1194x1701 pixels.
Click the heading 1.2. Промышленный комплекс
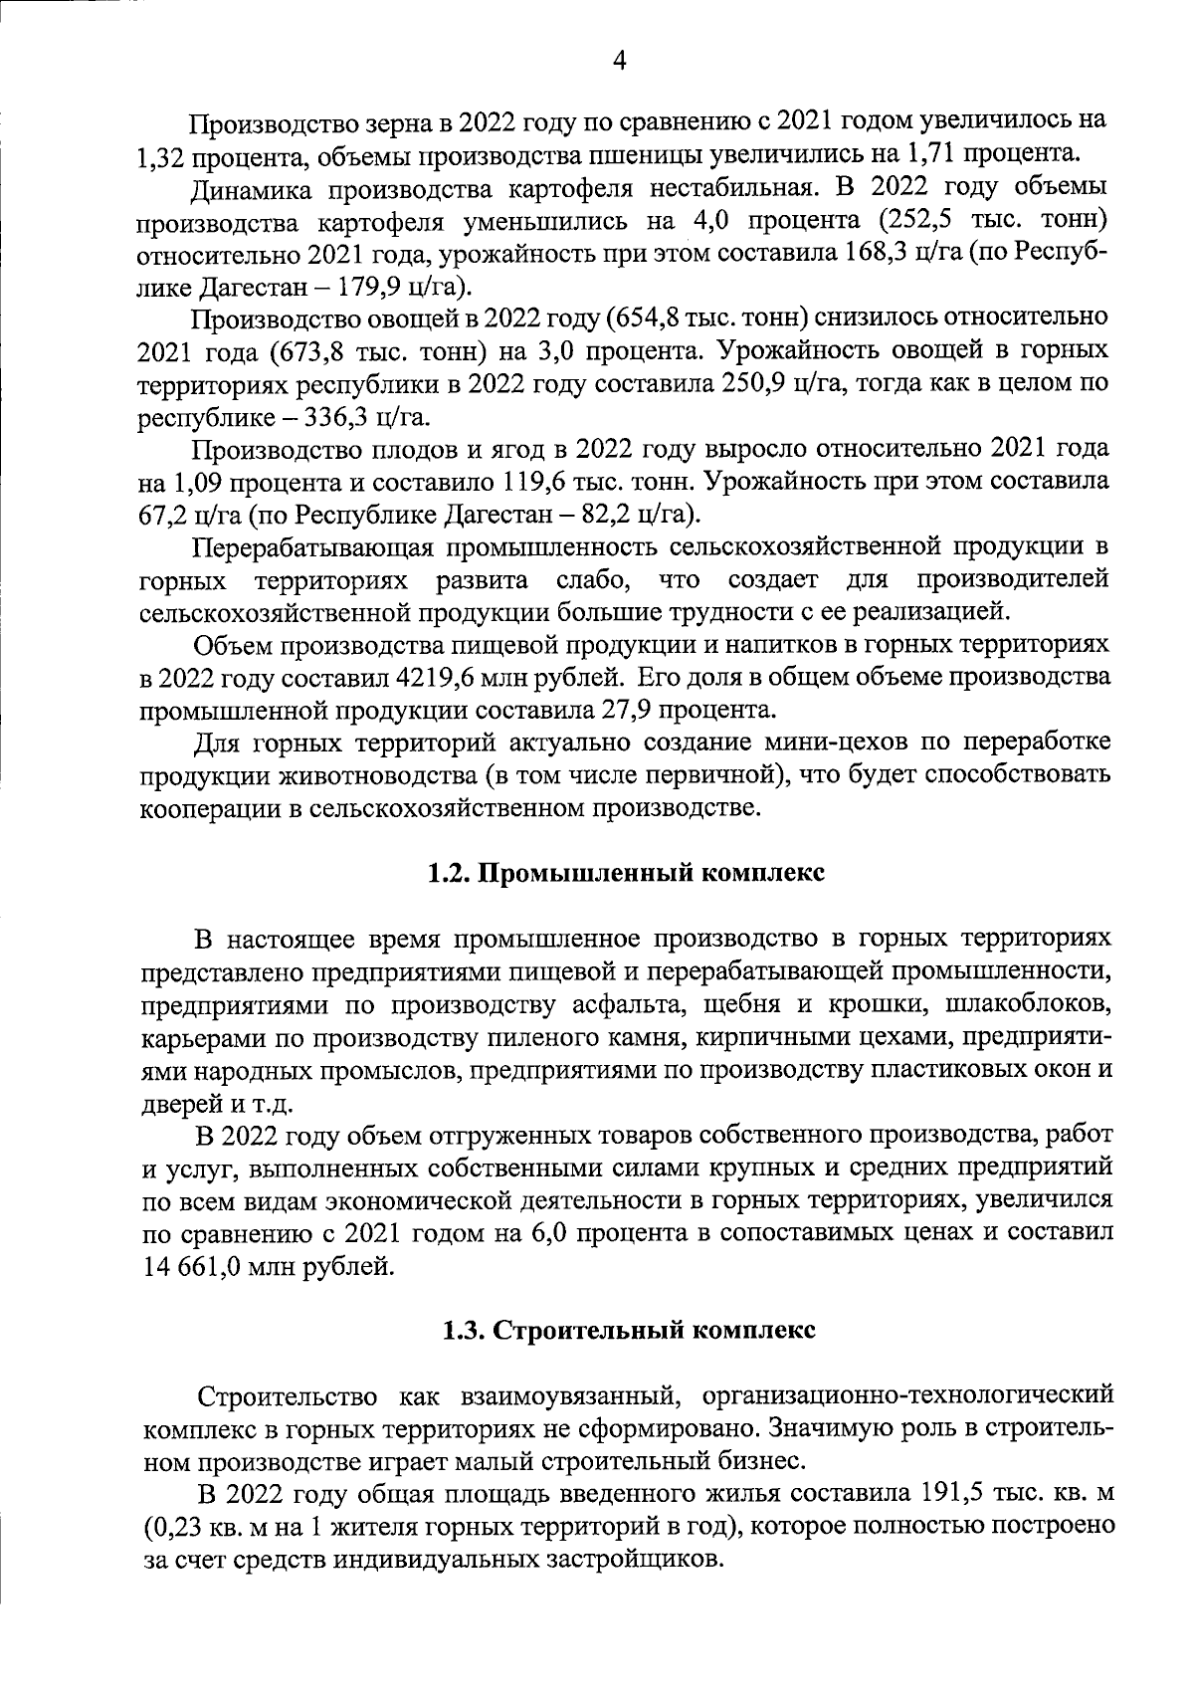click(x=626, y=873)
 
